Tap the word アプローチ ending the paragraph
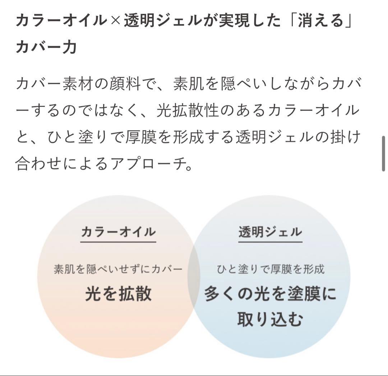pos(148,163)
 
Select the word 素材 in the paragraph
pos(78,83)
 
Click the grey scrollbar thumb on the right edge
pos(383,153)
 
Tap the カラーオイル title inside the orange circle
pos(118,232)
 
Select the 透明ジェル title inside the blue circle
pos(270,232)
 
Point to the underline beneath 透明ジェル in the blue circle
pos(270,241)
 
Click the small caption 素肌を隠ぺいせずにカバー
pos(118,269)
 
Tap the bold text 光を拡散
pos(118,294)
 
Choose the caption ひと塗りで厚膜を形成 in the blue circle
pos(271,269)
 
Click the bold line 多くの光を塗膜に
pos(270,294)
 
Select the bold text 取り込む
pos(270,319)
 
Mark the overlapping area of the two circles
pos(194,276)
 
